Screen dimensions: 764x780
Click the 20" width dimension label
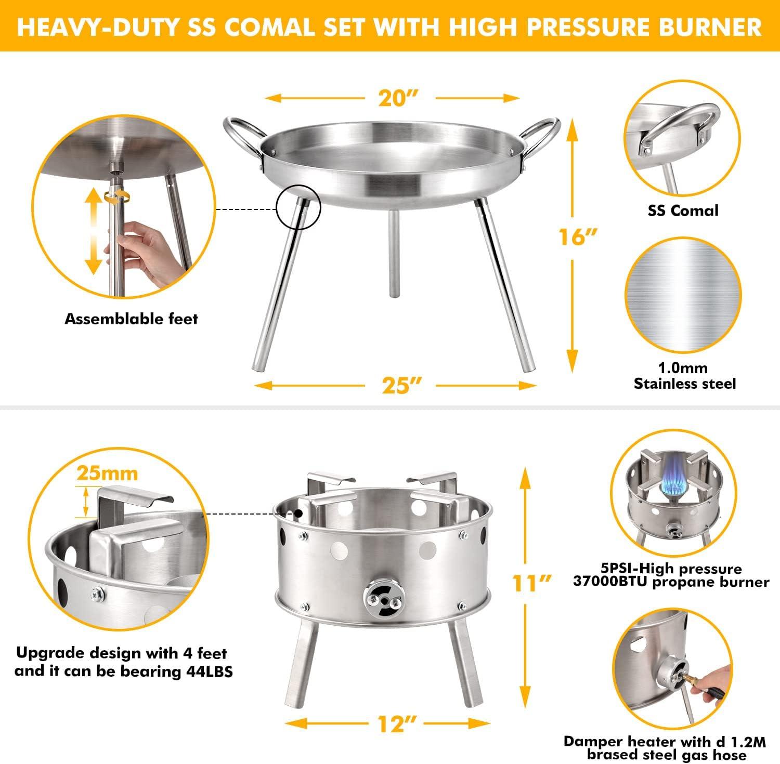click(x=398, y=97)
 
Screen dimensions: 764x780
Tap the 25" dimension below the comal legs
click(x=399, y=385)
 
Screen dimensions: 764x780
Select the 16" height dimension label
click(x=573, y=236)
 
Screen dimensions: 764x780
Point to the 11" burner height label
click(x=529, y=583)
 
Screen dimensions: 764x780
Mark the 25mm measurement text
click(x=107, y=473)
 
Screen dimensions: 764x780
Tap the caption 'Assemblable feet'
click(x=131, y=319)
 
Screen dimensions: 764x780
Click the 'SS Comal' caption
click(x=683, y=210)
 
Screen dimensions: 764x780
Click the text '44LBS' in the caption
click(x=209, y=671)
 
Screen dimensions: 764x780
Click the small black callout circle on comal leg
click(x=298, y=207)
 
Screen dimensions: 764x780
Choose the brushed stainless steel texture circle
click(x=683, y=295)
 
